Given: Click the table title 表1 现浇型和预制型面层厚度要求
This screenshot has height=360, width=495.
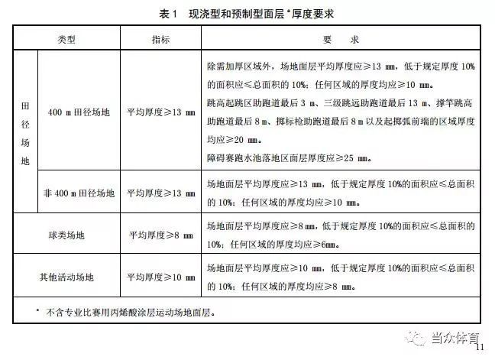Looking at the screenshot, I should click(247, 14).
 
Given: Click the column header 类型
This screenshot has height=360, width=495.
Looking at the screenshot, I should click(68, 39).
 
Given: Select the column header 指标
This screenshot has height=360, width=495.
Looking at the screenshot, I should click(160, 39).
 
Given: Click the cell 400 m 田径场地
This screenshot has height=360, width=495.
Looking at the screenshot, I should click(79, 112).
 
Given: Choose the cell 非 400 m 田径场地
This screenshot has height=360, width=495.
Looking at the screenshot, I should click(79, 194).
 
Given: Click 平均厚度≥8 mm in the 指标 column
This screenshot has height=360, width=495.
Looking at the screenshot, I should click(160, 235).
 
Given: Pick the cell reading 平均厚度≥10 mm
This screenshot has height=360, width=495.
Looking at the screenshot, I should click(160, 277).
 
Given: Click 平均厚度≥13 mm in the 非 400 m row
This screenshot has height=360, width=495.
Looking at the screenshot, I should click(160, 194).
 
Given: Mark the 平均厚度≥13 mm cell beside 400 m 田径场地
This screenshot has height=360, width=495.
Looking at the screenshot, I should click(160, 112).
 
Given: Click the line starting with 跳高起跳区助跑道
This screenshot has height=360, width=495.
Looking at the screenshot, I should click(341, 102).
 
